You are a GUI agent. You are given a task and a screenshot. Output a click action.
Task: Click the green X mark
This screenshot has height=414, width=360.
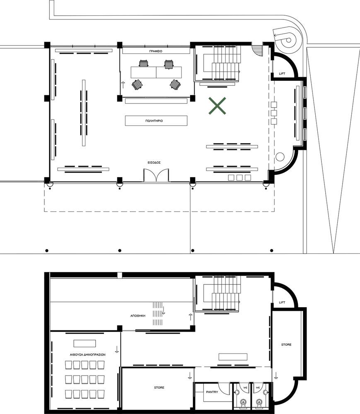coord(217,106)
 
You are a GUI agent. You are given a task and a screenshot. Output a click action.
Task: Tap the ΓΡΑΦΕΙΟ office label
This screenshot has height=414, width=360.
coord(156,51)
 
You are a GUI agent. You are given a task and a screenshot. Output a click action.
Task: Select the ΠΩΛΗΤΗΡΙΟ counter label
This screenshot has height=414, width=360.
coord(154,120)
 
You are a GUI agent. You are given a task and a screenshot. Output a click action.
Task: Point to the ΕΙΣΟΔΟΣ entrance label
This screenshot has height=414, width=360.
coord(154,163)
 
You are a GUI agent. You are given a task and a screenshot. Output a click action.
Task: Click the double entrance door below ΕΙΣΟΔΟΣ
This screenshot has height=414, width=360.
coord(156,175)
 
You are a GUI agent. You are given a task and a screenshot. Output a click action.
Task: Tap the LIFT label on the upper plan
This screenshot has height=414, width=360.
coord(282,74)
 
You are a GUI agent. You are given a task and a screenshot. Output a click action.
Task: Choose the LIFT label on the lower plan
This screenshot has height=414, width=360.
coord(282,302)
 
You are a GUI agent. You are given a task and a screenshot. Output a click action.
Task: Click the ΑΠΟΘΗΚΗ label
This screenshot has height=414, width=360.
coord(138,316)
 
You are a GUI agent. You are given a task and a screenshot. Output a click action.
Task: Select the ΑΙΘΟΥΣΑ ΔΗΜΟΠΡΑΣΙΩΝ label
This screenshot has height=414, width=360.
coord(88,355)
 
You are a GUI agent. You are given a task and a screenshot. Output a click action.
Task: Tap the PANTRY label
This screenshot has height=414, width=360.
coord(212,392)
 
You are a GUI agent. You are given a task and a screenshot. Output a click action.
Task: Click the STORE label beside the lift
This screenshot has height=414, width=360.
coord(286,344)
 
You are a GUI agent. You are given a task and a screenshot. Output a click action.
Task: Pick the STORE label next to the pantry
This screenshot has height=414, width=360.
coord(159,388)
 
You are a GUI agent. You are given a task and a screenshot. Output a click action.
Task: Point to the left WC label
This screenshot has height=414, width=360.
coord(245,388)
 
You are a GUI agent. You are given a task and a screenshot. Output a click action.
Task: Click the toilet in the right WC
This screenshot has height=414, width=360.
coord(259,403)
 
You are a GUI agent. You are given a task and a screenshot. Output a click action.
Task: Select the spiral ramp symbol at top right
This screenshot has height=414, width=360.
coord(287,39)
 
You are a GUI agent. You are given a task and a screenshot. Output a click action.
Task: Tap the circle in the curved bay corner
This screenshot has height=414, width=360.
coord(280,157)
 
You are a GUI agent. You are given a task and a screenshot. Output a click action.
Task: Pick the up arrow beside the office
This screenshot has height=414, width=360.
coord(123,85)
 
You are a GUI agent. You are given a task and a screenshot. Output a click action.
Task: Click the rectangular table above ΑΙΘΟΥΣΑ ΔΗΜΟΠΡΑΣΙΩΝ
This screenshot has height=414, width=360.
coord(85,344)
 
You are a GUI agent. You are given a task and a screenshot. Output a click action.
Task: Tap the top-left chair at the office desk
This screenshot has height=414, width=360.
coord(143,64)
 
